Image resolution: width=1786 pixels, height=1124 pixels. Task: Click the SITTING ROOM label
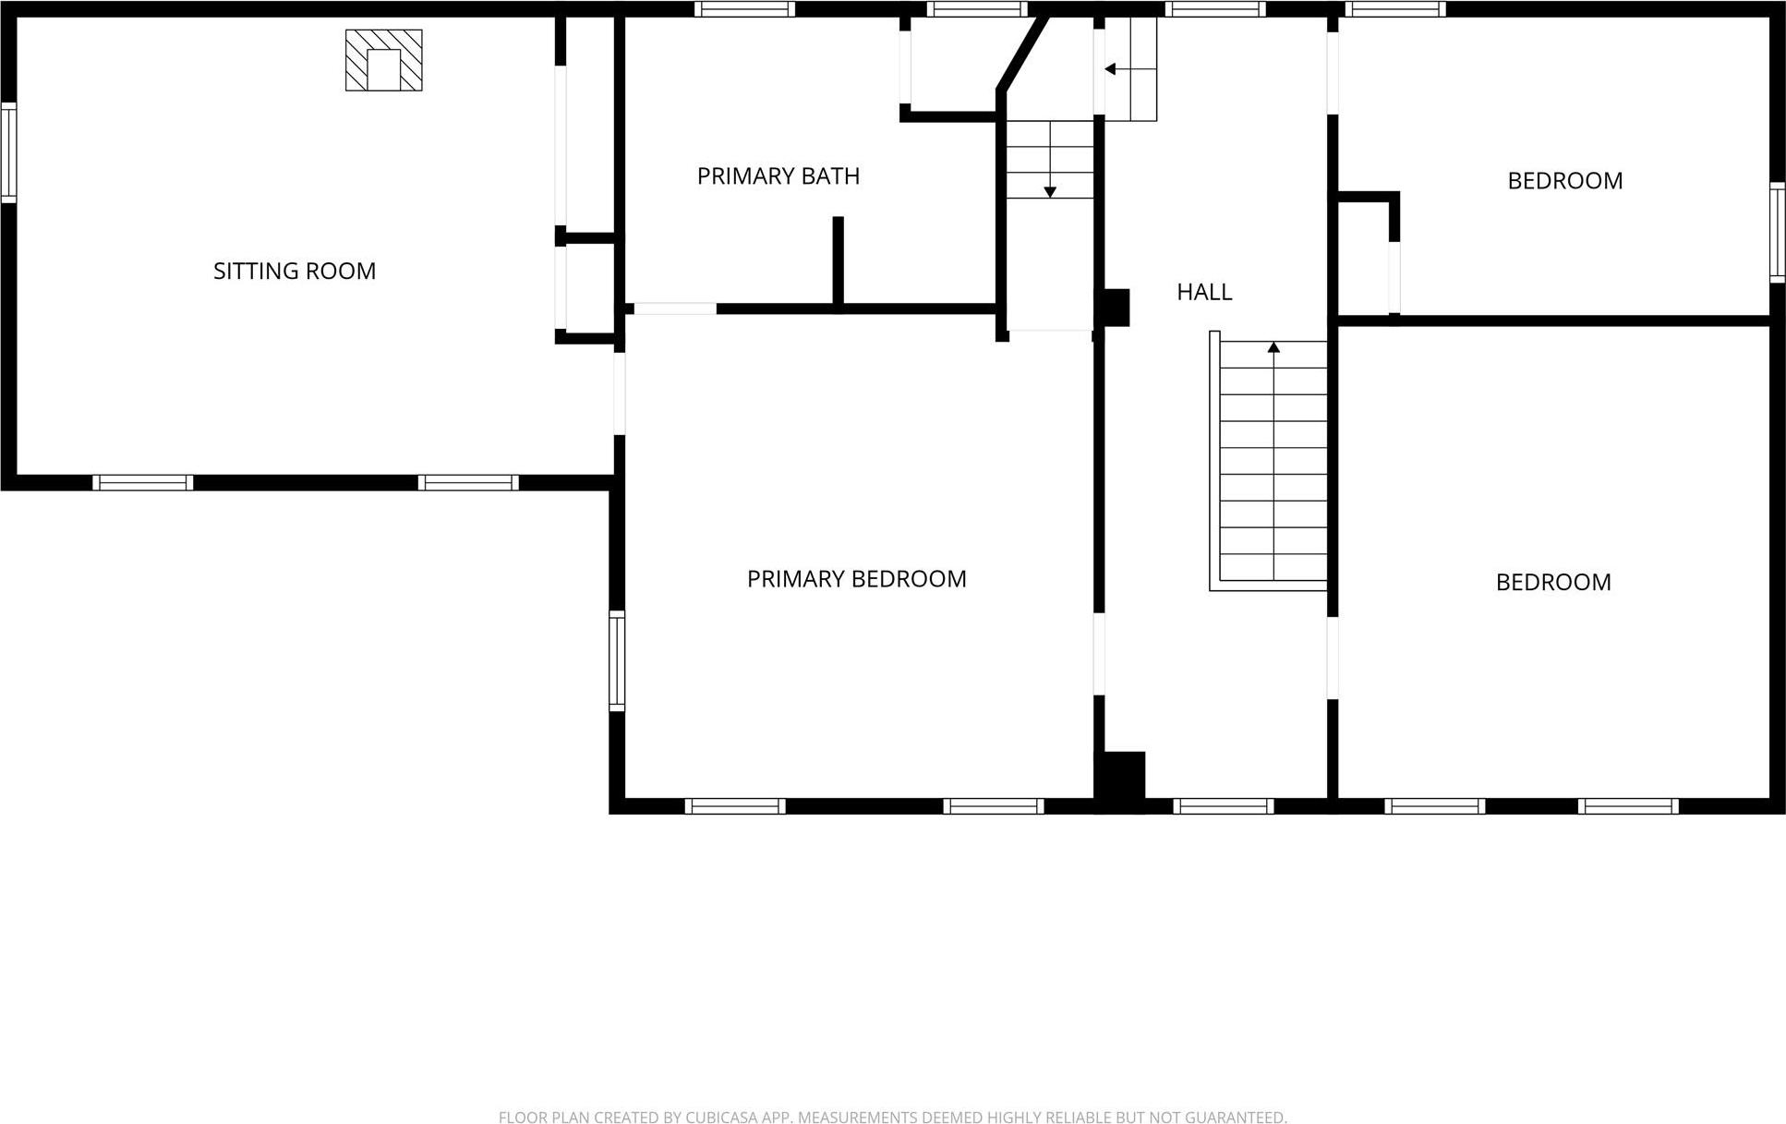click(x=295, y=271)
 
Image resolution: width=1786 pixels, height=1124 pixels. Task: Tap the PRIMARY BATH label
click(x=778, y=175)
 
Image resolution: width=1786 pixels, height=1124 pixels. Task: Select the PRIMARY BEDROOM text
click(x=856, y=579)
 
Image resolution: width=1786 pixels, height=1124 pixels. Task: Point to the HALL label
click(x=1203, y=292)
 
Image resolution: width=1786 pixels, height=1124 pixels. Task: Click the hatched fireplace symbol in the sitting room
click(x=383, y=60)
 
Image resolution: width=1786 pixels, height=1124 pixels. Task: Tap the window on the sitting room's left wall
click(x=8, y=152)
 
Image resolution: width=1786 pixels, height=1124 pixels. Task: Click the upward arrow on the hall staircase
click(x=1273, y=348)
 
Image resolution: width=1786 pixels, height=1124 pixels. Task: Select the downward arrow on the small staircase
click(x=1050, y=191)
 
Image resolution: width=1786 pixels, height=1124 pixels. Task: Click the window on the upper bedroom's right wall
click(x=1777, y=233)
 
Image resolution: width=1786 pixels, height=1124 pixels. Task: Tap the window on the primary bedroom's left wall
click(x=617, y=660)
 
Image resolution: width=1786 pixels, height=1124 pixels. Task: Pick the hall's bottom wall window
click(x=1223, y=806)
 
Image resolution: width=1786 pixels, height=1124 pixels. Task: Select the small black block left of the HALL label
click(x=1113, y=308)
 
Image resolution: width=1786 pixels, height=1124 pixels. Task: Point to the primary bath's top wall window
click(x=744, y=9)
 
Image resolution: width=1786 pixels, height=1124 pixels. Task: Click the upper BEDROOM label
click(x=1564, y=181)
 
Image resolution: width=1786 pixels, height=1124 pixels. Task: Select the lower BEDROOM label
click(x=1552, y=582)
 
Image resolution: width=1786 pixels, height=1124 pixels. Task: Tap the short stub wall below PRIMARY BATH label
click(x=838, y=261)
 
